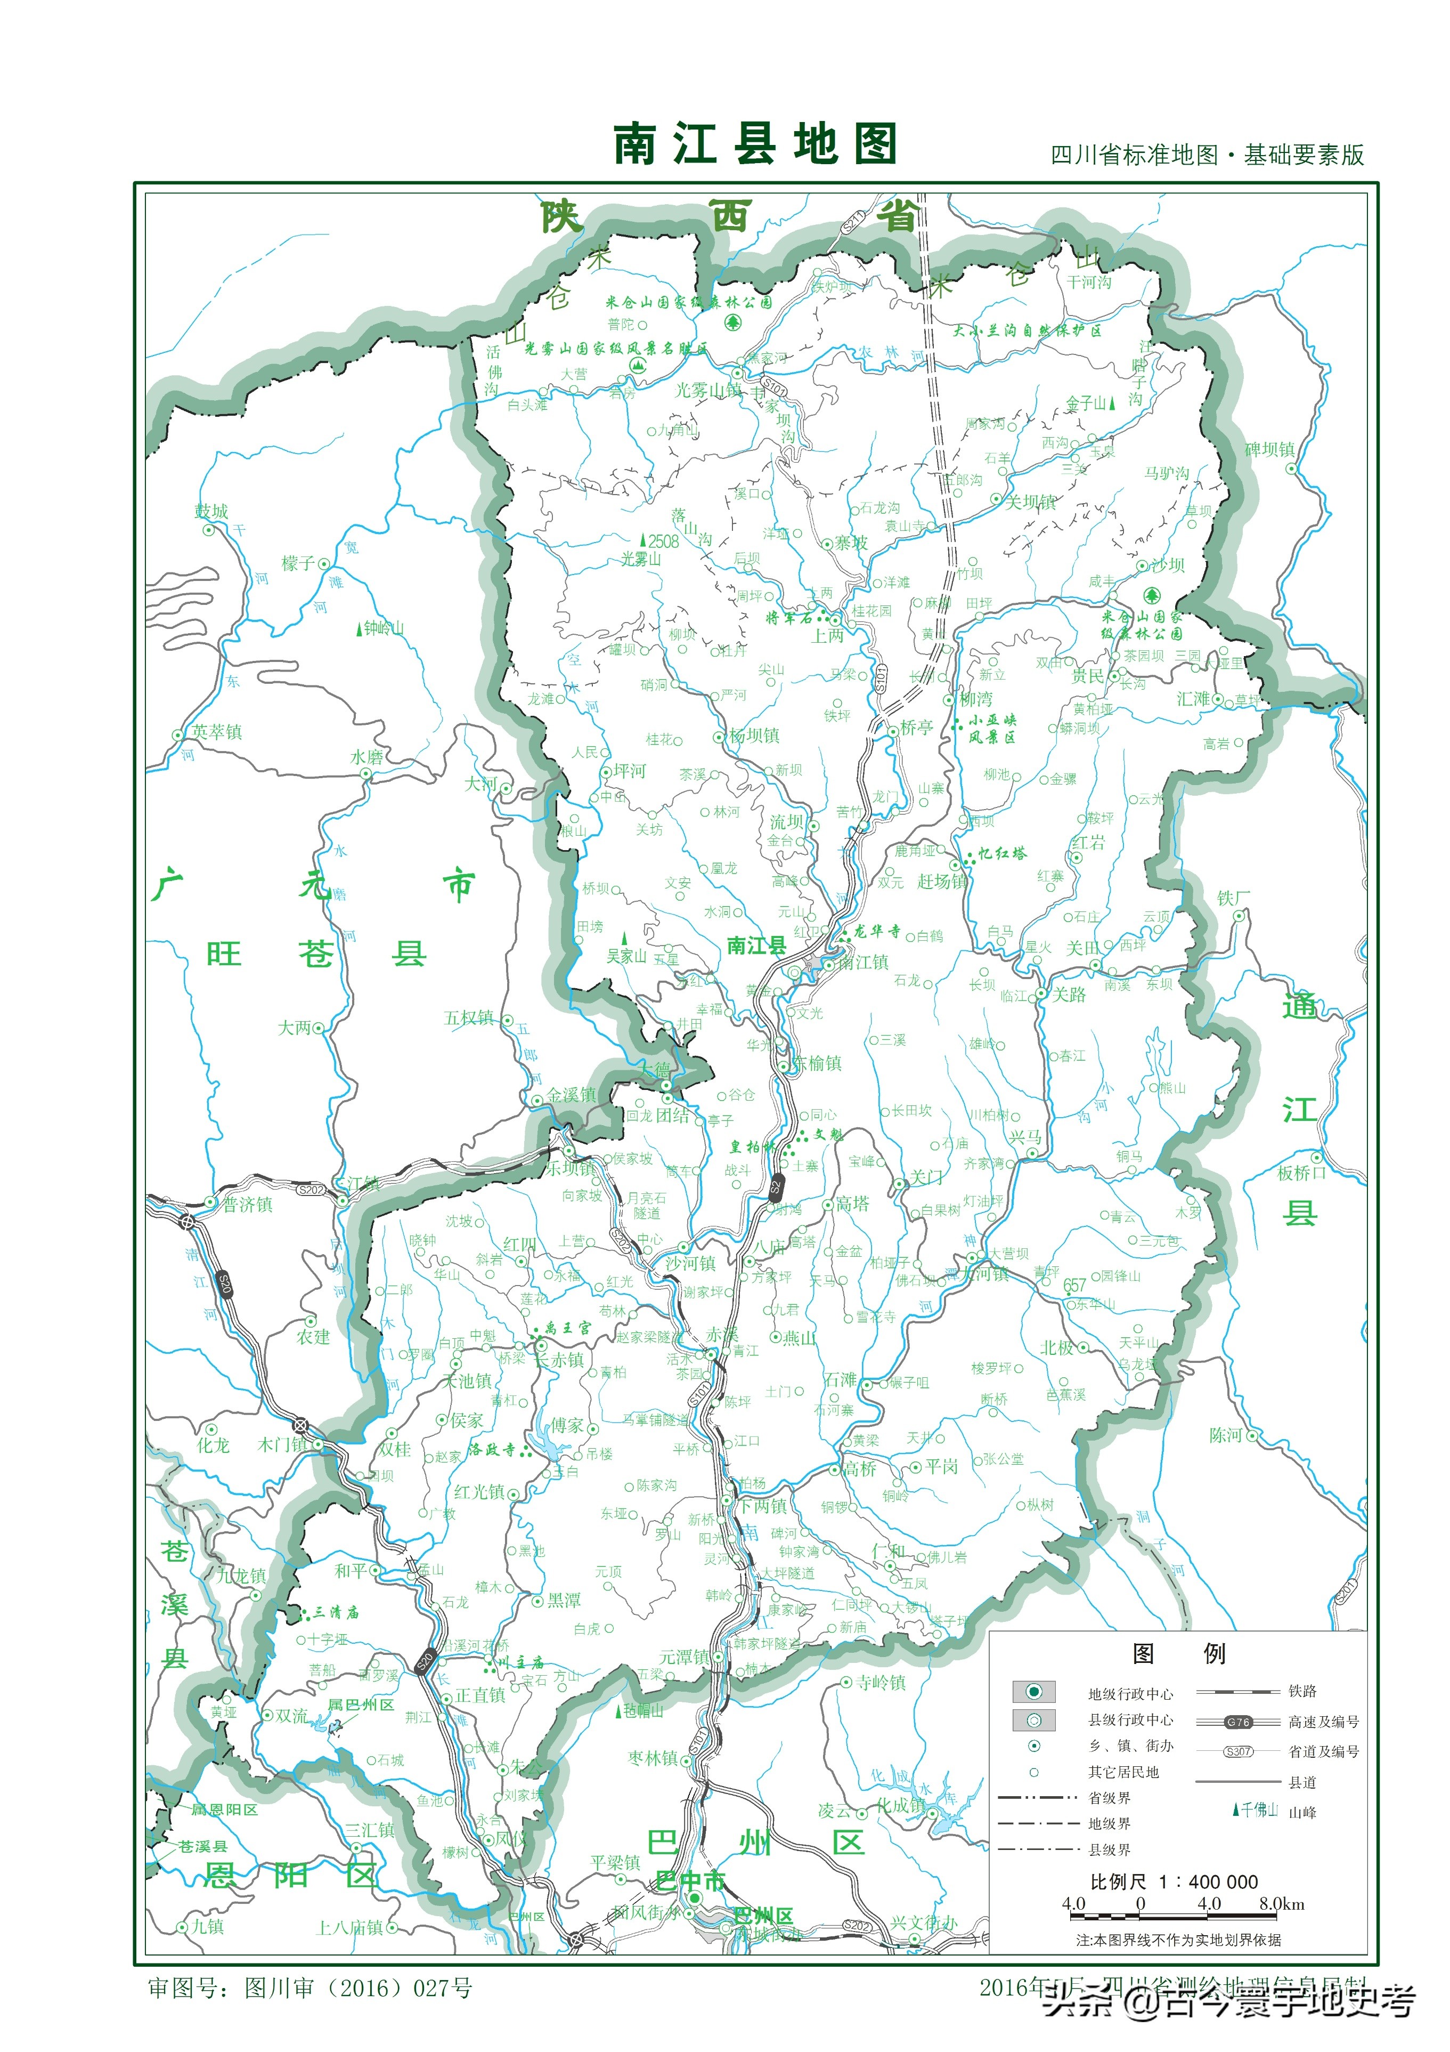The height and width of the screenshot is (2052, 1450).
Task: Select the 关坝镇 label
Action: coord(1032,502)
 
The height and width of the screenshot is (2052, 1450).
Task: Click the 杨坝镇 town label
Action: coord(754,736)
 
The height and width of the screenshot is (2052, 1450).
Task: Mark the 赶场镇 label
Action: coord(942,881)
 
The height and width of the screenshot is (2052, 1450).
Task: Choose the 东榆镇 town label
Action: coord(818,1063)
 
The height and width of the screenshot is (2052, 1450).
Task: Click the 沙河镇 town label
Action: coord(690,1263)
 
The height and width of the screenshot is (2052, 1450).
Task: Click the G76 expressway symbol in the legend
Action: coord(1239,1722)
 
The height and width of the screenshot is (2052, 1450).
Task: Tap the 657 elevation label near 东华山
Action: coord(1075,1284)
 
